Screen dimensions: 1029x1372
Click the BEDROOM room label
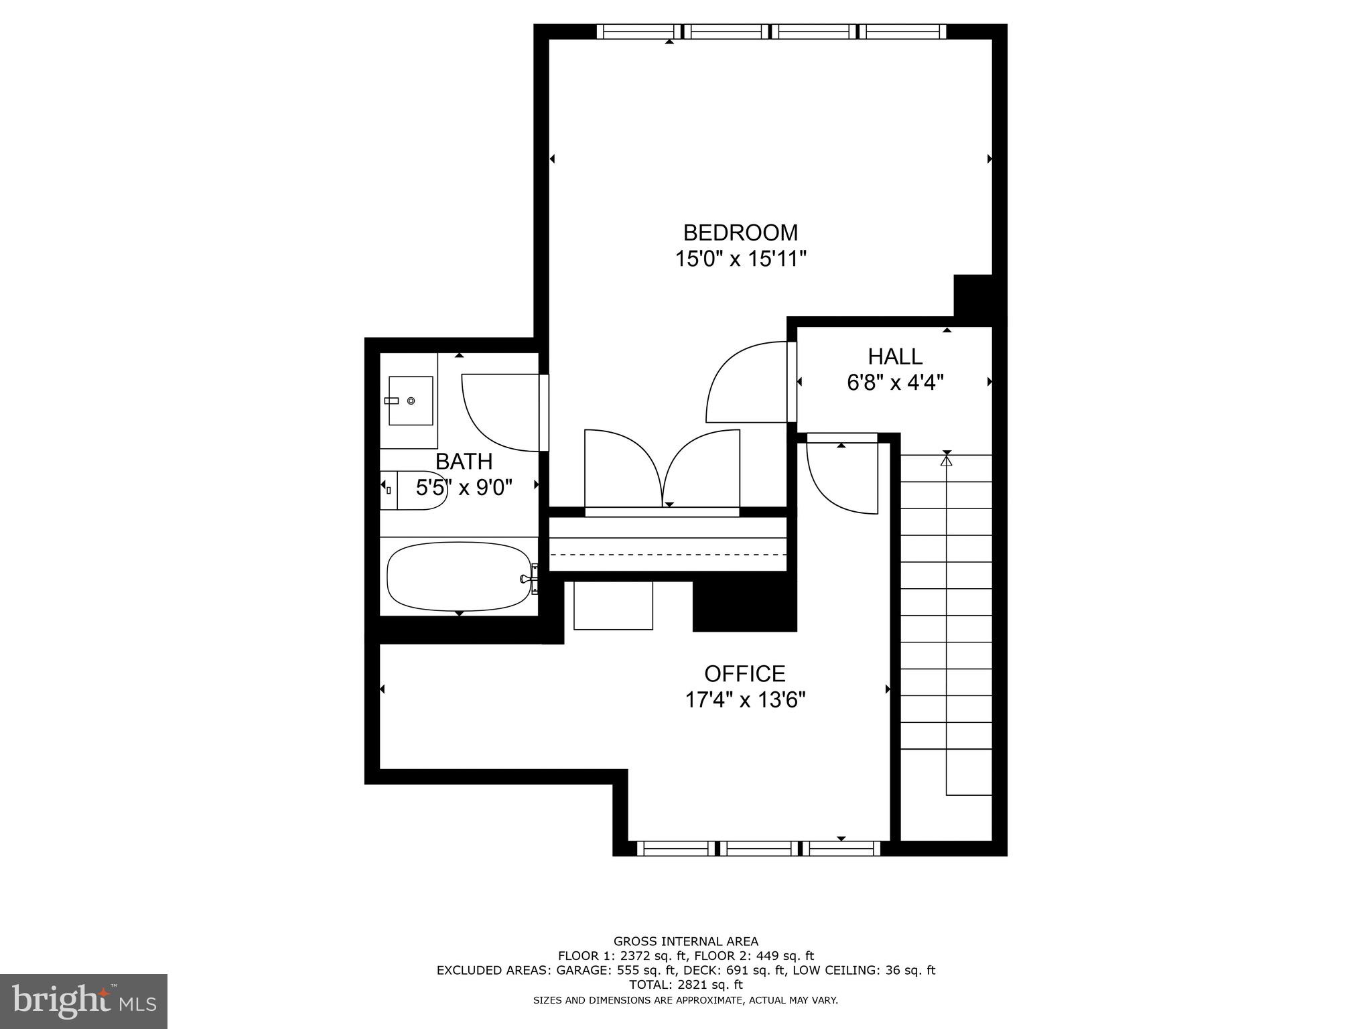pos(740,232)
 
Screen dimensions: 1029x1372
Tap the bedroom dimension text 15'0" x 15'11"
pos(740,259)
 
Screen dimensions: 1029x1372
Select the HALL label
pos(895,356)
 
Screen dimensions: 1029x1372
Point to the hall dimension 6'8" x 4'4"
pos(895,383)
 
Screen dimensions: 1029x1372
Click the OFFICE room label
pos(744,673)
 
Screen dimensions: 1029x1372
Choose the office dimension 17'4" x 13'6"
pos(744,700)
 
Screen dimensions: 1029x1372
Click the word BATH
pos(464,462)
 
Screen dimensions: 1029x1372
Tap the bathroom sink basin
pos(411,401)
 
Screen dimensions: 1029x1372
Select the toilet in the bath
pos(415,490)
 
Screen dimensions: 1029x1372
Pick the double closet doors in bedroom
pos(662,472)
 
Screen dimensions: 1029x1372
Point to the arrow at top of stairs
pos(947,461)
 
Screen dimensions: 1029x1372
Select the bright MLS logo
pos(84,1002)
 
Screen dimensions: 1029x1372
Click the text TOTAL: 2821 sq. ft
pos(685,985)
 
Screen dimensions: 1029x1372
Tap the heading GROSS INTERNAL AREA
pos(685,941)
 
